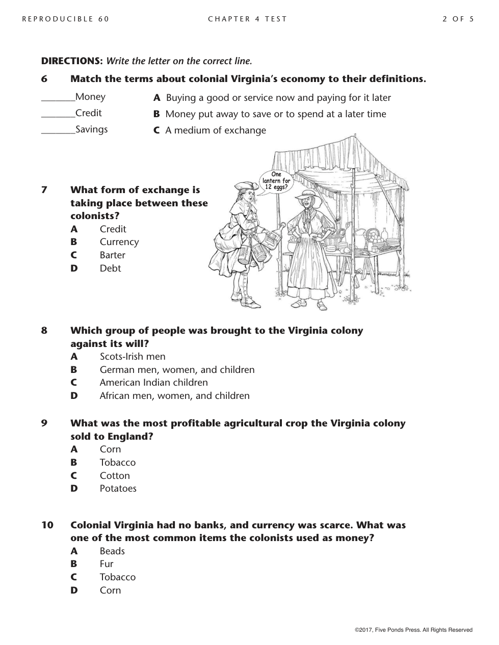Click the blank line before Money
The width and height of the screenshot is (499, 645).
58,100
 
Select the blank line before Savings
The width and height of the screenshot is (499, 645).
58,132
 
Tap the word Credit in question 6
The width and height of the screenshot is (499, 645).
88,113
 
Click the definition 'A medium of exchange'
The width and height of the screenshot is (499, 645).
215,130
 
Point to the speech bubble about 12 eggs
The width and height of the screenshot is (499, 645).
276,181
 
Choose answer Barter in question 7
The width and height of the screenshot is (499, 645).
112,255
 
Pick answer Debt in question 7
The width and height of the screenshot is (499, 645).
110,268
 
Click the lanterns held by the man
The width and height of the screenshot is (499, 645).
255,250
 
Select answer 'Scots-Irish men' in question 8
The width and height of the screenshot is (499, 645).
133,357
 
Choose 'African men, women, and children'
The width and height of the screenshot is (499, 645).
174,396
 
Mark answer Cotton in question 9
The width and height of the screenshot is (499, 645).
115,476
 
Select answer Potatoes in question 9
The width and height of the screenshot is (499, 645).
118,489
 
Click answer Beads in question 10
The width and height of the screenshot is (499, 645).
112,551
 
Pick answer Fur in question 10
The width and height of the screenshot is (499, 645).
107,564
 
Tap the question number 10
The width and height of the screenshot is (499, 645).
47,525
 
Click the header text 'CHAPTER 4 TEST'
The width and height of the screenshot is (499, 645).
247,19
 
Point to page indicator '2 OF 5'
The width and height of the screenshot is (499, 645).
458,19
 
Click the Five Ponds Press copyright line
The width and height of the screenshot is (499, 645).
413,630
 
